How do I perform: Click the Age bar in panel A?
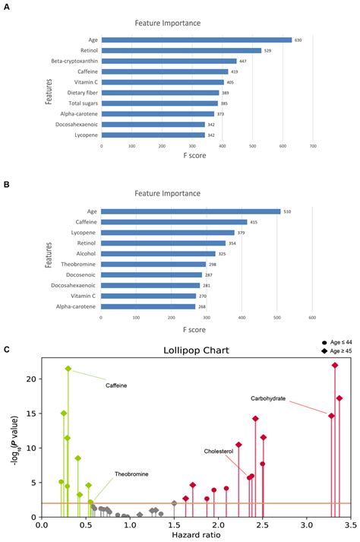point(196,40)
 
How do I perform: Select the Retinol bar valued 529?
point(181,51)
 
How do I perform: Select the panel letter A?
point(7,5)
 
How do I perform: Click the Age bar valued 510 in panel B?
point(191,211)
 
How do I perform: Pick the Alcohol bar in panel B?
point(158,254)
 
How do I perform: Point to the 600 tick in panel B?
point(312,317)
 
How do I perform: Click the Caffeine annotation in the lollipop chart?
point(115,386)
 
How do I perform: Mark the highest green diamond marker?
point(68,369)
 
